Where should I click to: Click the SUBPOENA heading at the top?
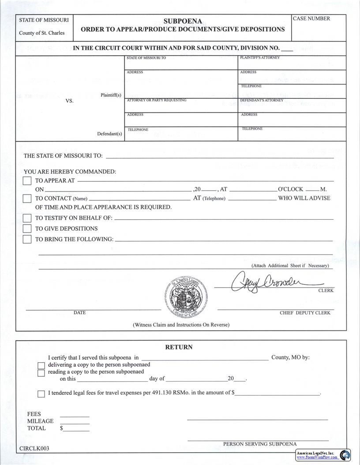(x=183, y=21)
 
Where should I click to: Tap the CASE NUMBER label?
(x=311, y=19)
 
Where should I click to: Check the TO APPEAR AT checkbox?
(x=27, y=181)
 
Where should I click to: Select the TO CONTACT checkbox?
(x=27, y=199)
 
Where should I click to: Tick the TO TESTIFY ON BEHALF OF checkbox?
(x=27, y=218)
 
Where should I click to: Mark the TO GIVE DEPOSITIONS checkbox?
(x=27, y=229)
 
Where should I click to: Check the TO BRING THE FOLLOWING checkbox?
(x=27, y=239)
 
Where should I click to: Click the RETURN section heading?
(x=179, y=347)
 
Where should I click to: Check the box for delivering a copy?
(x=41, y=365)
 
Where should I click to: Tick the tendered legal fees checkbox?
(x=41, y=394)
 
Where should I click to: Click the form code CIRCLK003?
(x=34, y=449)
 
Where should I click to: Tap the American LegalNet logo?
(x=323, y=455)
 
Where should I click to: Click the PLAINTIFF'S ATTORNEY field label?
(x=260, y=58)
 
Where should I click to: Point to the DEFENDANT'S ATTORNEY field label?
(x=262, y=100)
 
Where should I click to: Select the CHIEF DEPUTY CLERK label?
(x=305, y=313)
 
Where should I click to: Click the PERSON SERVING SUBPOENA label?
(x=260, y=444)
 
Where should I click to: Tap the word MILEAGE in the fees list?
(x=40, y=421)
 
